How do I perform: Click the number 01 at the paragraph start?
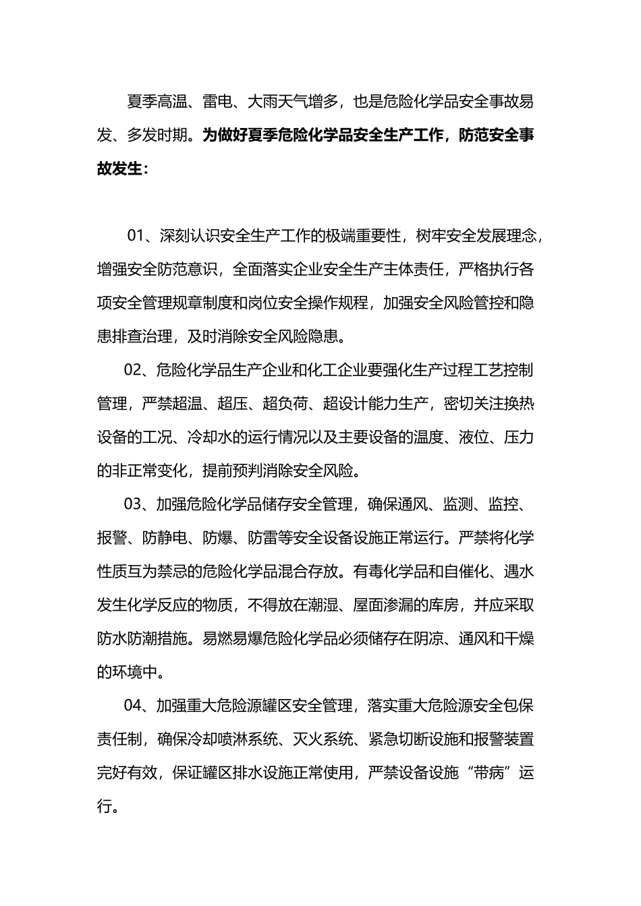[x=136, y=236]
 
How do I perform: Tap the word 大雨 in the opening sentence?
[x=263, y=102]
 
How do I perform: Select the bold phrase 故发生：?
[x=122, y=169]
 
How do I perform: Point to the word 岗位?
[x=278, y=303]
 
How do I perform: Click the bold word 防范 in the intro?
[x=475, y=135]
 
